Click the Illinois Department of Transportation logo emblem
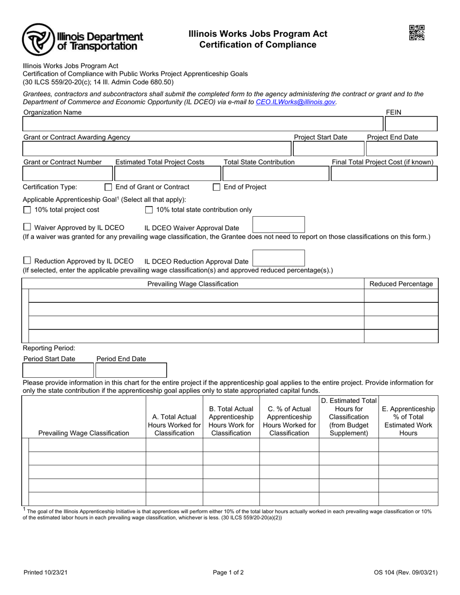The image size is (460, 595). [x=38, y=40]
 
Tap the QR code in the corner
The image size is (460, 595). [x=416, y=33]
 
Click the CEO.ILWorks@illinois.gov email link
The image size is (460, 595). [x=295, y=102]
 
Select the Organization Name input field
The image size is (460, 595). [x=202, y=124]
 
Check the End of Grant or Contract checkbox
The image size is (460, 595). [x=108, y=187]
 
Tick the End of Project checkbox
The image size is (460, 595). [x=216, y=187]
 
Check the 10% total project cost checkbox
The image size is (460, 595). [x=27, y=210]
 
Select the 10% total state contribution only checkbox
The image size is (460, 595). [x=149, y=210]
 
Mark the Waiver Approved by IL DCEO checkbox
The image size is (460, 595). [x=27, y=227]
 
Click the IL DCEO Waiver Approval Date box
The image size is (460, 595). [x=279, y=225]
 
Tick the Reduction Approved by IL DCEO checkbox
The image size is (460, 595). [x=27, y=260]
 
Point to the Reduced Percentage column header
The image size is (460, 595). [x=401, y=284]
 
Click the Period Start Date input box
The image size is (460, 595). [x=59, y=371]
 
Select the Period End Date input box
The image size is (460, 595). [x=131, y=371]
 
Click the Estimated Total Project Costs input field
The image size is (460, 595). [x=167, y=173]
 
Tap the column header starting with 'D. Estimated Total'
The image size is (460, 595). [x=349, y=416]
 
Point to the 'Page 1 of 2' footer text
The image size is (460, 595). [x=228, y=573]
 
